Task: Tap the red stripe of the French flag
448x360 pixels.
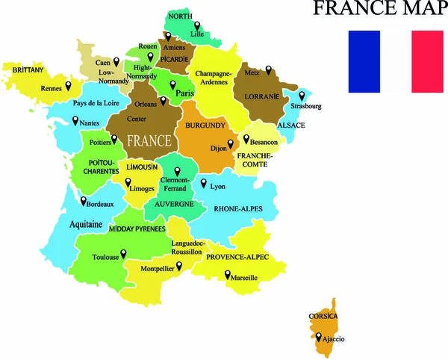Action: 426,61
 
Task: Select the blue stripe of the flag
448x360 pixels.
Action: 364,61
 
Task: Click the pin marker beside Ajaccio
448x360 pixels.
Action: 319,338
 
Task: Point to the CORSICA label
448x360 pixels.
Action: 323,317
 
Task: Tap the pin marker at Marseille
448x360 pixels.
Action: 227,274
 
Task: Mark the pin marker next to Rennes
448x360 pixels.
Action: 68,85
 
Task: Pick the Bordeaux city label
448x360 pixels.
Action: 100,204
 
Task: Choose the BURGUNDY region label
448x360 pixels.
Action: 205,125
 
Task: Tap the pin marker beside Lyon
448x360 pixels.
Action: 204,181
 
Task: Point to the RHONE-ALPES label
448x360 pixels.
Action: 238,209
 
